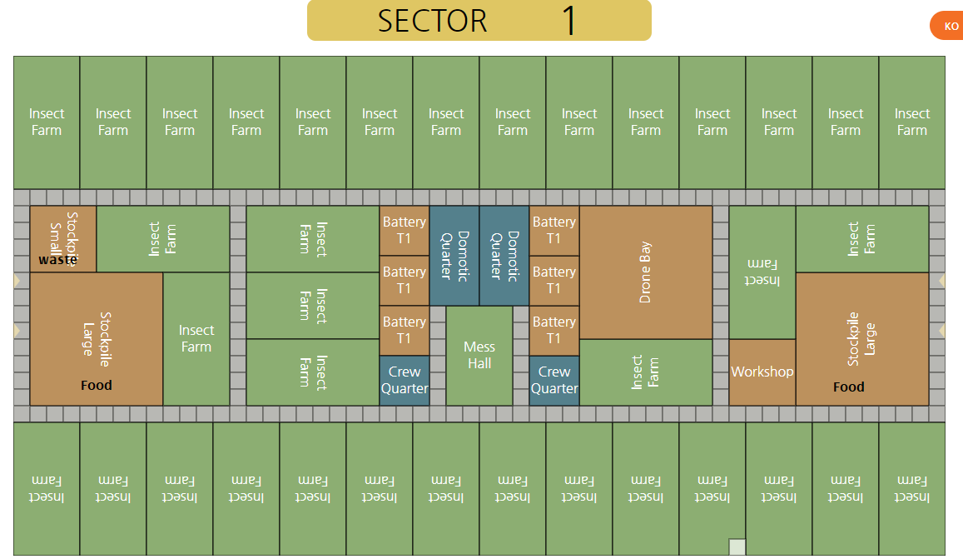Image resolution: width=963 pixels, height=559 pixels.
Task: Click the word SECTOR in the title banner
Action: coord(432,21)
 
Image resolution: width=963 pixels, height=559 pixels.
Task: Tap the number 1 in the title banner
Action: coord(569,21)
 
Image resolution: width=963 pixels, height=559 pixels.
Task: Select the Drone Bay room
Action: coord(646,272)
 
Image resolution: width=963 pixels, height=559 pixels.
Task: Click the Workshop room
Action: coord(762,372)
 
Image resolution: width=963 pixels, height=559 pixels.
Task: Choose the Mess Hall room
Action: coord(479,356)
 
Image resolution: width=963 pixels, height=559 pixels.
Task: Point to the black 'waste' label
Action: coord(57,260)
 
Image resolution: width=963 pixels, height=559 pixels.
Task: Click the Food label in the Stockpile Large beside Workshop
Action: coord(849,387)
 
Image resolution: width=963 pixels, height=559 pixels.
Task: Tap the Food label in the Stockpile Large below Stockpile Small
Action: coord(97,386)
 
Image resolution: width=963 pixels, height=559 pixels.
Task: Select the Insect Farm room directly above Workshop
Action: coord(762,272)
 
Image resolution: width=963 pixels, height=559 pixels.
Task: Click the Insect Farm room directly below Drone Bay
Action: coord(646,372)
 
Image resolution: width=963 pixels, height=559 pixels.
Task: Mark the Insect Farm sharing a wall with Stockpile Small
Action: coord(163,239)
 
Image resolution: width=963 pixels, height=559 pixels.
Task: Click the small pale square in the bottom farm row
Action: coord(737,547)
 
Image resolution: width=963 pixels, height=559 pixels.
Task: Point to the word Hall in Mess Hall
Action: coord(479,364)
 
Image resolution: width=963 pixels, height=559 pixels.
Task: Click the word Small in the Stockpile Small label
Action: coord(56,237)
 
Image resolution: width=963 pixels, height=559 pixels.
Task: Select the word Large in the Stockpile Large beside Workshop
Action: coord(870,340)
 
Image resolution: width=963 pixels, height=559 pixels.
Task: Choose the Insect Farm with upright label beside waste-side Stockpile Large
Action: coord(196,339)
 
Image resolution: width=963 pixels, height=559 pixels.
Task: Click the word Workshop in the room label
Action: coord(762,372)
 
